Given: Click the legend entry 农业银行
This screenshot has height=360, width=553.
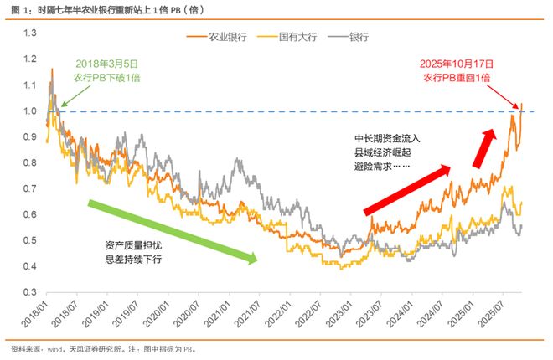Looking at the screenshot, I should pyautogui.click(x=220, y=37).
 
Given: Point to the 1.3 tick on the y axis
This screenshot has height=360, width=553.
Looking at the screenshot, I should pyautogui.click(x=31, y=33).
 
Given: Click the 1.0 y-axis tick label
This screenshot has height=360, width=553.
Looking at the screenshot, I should pyautogui.click(x=31, y=111).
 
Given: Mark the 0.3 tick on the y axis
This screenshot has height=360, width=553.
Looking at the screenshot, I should pyautogui.click(x=31, y=292).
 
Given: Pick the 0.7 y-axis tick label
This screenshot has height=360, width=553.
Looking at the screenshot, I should pyautogui.click(x=31, y=188).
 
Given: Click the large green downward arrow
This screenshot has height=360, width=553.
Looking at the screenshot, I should pyautogui.click(x=173, y=232).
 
